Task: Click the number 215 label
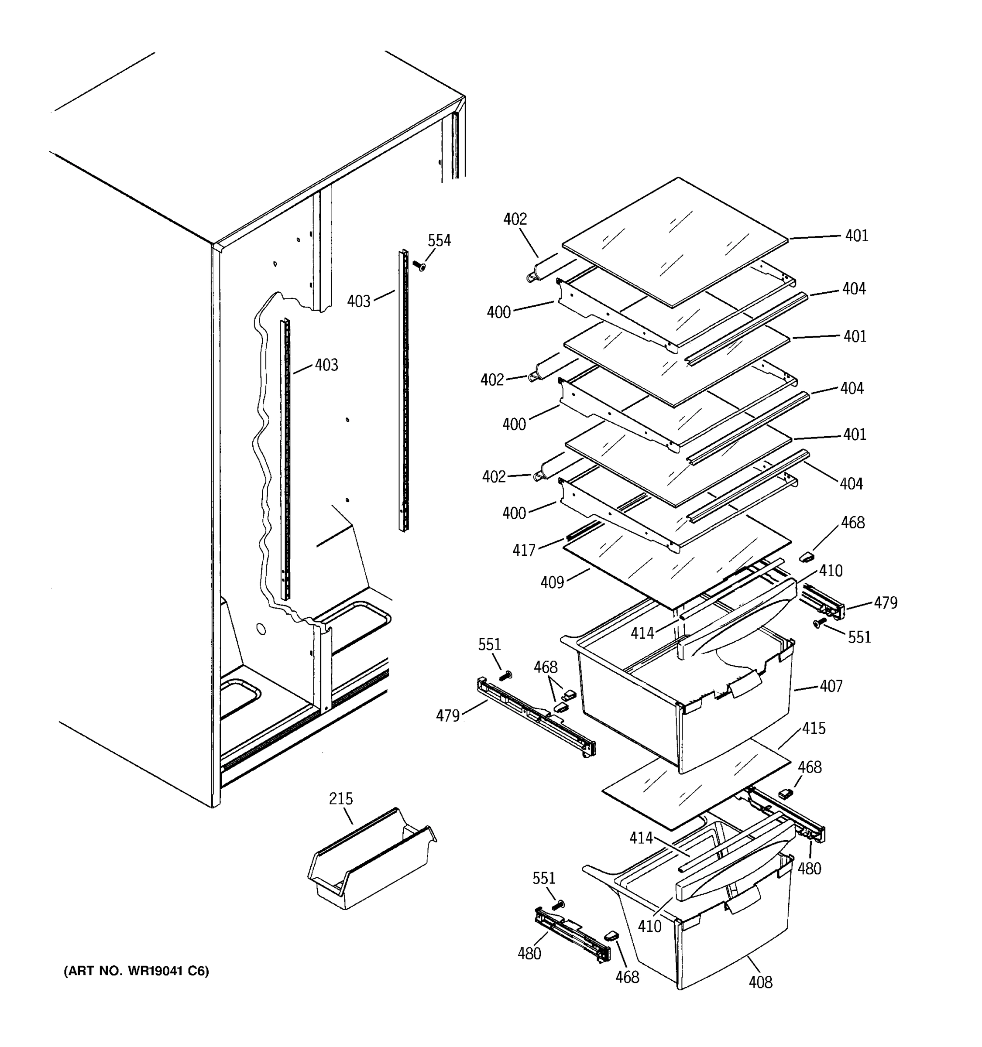point(341,799)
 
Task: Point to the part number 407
point(831,686)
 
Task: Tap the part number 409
point(552,582)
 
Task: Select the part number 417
point(524,551)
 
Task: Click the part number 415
point(814,729)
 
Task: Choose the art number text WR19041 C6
point(137,971)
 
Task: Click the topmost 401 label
point(857,236)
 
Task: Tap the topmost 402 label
point(515,219)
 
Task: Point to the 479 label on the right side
point(885,602)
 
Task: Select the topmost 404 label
point(853,289)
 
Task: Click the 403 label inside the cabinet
point(326,365)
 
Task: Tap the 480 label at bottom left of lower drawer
point(529,953)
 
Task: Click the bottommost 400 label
point(514,513)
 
